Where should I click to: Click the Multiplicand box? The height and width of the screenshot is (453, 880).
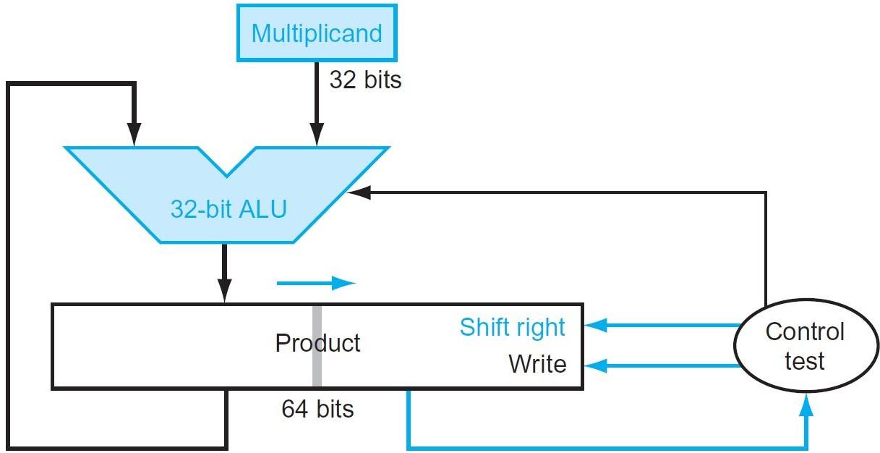click(x=316, y=33)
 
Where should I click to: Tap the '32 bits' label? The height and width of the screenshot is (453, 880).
click(x=365, y=79)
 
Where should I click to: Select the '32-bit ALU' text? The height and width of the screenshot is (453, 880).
click(x=228, y=209)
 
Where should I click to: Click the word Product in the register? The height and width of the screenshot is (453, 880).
click(x=317, y=342)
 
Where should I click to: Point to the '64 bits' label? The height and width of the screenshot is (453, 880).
click(x=317, y=410)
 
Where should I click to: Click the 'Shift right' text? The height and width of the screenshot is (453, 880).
click(x=512, y=327)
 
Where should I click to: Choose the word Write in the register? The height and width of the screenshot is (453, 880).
click(x=537, y=363)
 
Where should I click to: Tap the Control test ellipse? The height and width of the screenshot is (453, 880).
click(x=804, y=346)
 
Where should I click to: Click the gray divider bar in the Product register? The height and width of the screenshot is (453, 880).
click(x=317, y=346)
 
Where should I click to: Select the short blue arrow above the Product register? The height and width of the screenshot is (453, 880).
click(x=316, y=283)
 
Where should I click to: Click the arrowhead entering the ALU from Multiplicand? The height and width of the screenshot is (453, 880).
click(x=315, y=136)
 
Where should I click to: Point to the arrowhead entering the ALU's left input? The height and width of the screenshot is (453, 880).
click(x=133, y=136)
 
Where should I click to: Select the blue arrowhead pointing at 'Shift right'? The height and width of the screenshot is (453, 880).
click(x=594, y=326)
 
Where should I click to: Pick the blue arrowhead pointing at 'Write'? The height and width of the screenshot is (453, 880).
click(x=594, y=366)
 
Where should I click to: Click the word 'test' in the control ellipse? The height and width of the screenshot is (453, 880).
click(x=804, y=361)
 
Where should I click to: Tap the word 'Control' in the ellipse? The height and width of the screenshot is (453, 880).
click(x=804, y=332)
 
